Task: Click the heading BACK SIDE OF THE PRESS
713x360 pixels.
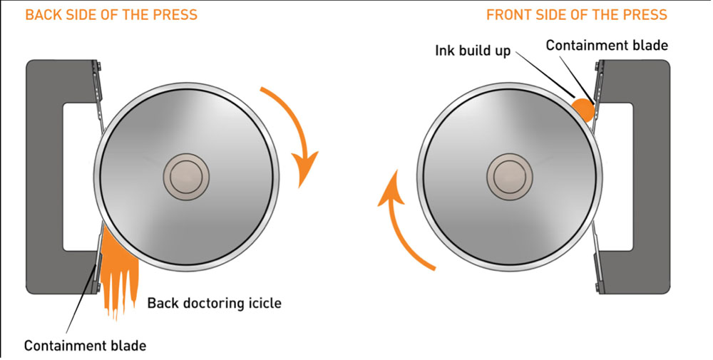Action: (111, 14)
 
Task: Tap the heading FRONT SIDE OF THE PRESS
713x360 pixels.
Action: (577, 14)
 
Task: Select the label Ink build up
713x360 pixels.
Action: (473, 51)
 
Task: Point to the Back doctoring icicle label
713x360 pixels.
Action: (214, 303)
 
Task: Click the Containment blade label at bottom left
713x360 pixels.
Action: (85, 346)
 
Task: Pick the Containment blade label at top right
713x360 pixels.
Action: (607, 46)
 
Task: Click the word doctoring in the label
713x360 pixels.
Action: (211, 303)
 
